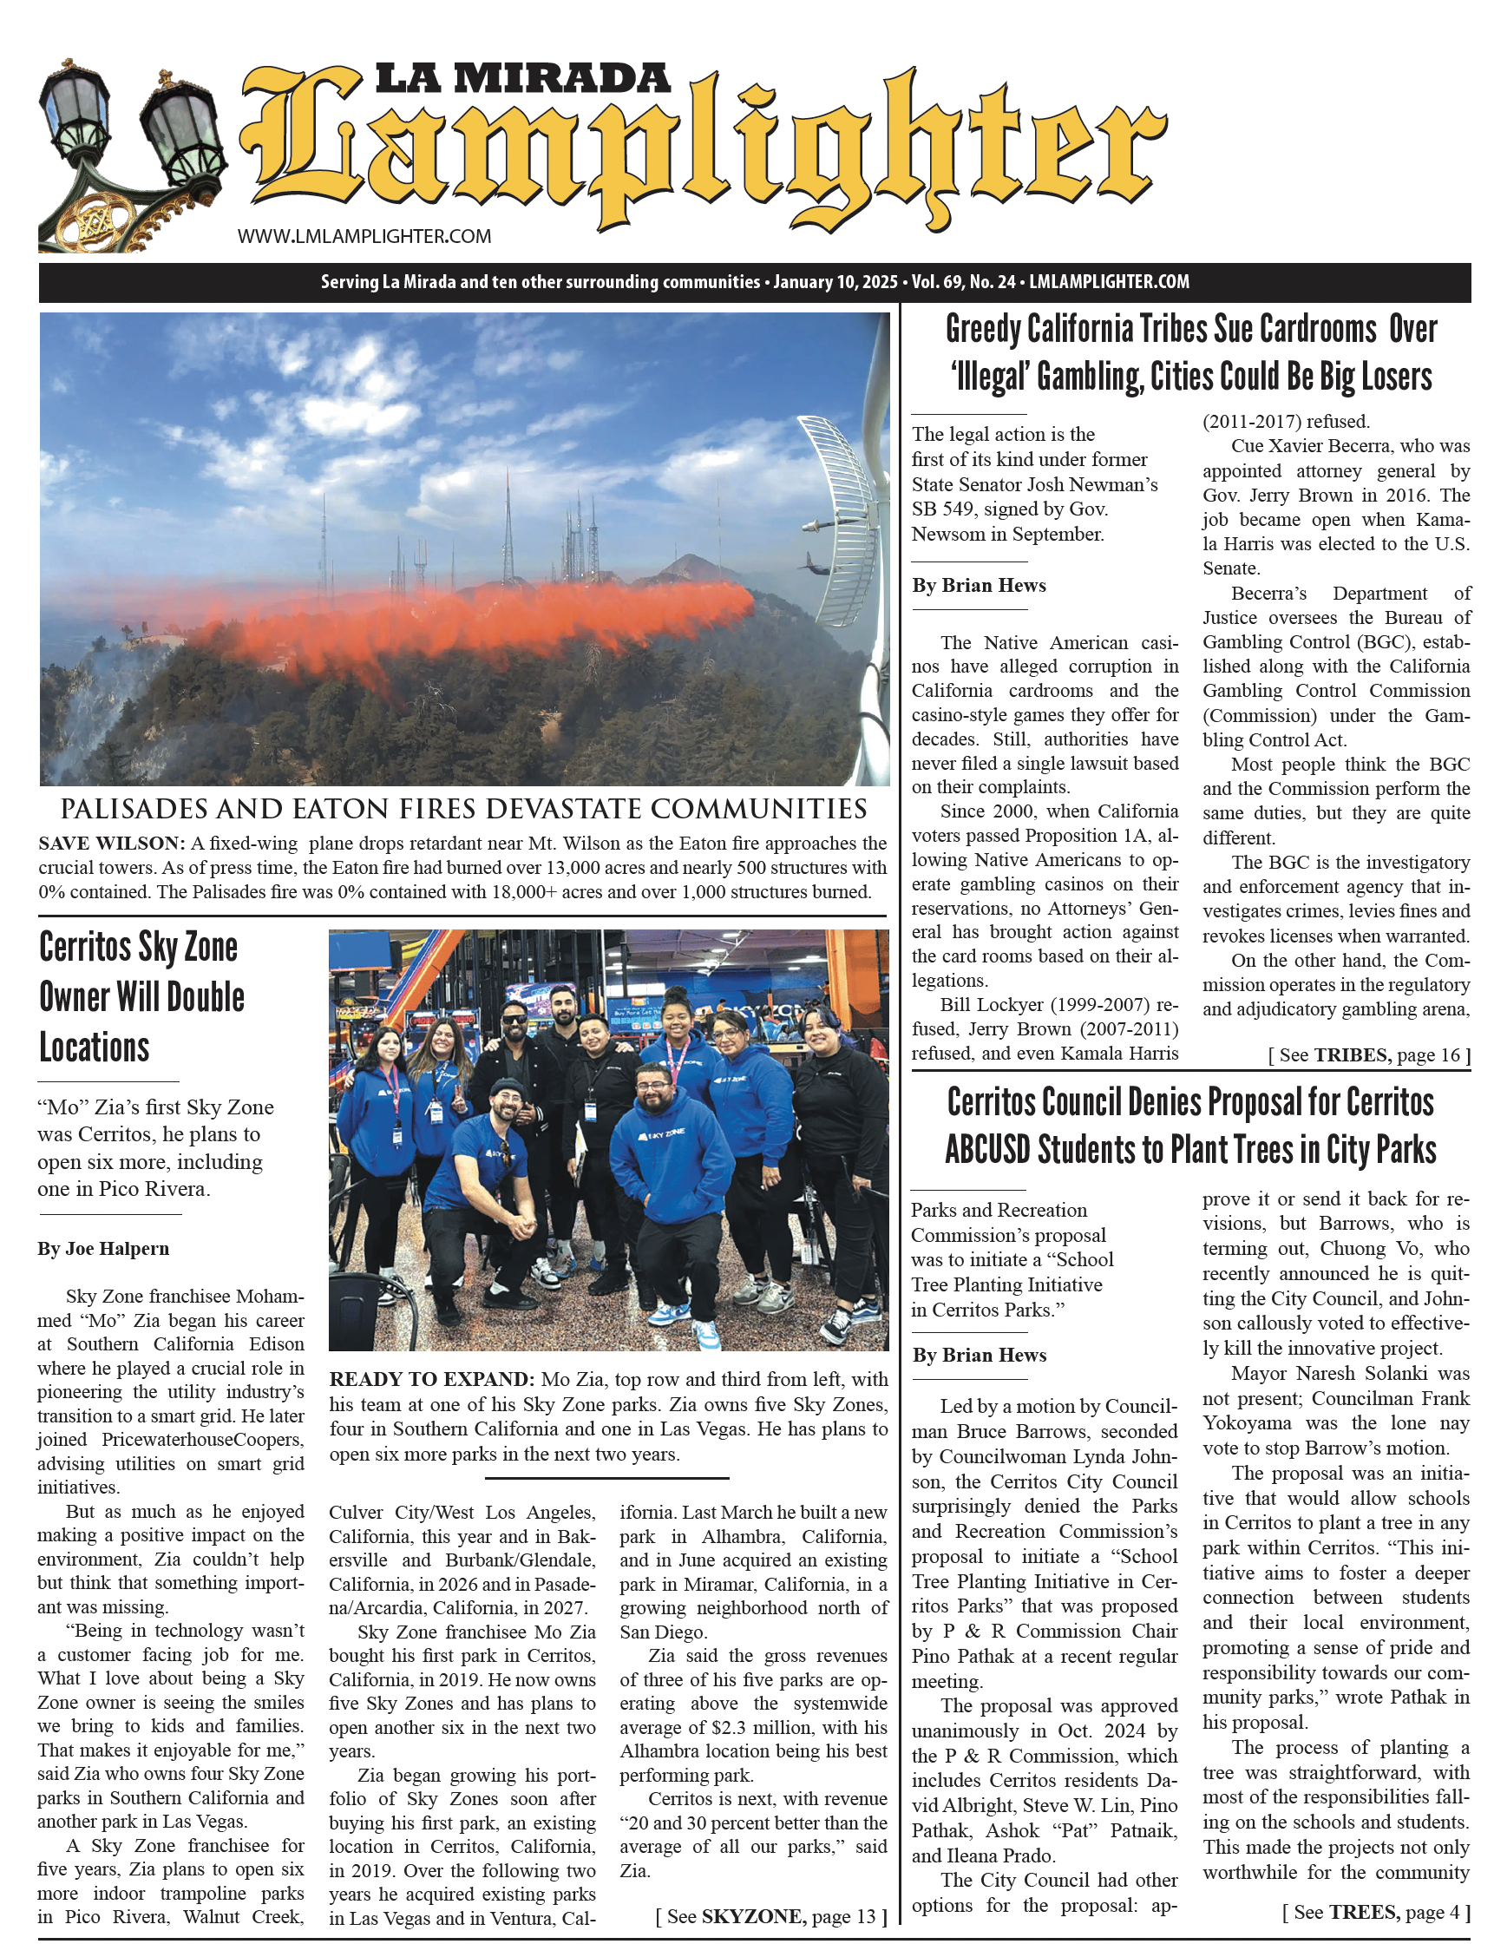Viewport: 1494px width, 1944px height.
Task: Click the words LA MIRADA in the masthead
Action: [x=522, y=78]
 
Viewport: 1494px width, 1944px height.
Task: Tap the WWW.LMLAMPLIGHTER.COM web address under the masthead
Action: [x=364, y=237]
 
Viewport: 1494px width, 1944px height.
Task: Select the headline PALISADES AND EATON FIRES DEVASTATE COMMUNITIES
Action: [x=463, y=809]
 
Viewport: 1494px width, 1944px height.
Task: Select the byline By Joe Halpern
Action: [x=103, y=1250]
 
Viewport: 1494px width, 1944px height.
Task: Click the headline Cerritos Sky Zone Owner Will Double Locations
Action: [x=141, y=997]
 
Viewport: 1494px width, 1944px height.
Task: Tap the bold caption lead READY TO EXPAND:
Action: [x=430, y=1379]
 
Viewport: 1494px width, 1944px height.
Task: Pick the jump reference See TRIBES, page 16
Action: [x=1368, y=1055]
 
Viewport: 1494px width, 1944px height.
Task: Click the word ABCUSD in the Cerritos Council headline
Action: [x=986, y=1150]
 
